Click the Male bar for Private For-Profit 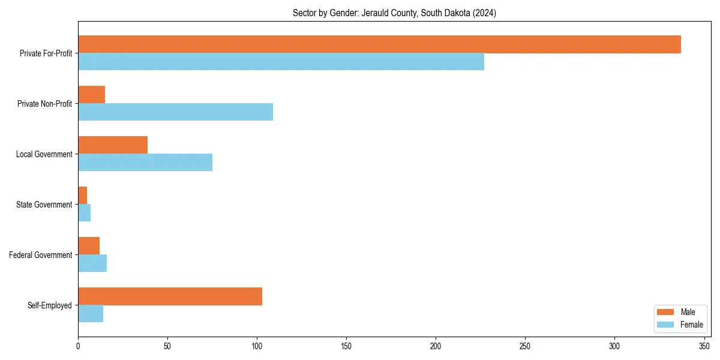tap(379, 44)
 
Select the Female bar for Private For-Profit tap(281, 62)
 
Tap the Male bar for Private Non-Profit tap(91, 95)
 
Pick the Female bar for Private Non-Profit tap(175, 112)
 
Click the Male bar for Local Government tap(113, 145)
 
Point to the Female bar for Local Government tap(145, 163)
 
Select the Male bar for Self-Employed tap(170, 296)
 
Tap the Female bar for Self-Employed tap(91, 314)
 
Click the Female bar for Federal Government tap(92, 263)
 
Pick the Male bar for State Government tap(82, 196)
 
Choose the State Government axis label tap(44, 205)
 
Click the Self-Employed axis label tap(50, 305)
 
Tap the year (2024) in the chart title tap(485, 13)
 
